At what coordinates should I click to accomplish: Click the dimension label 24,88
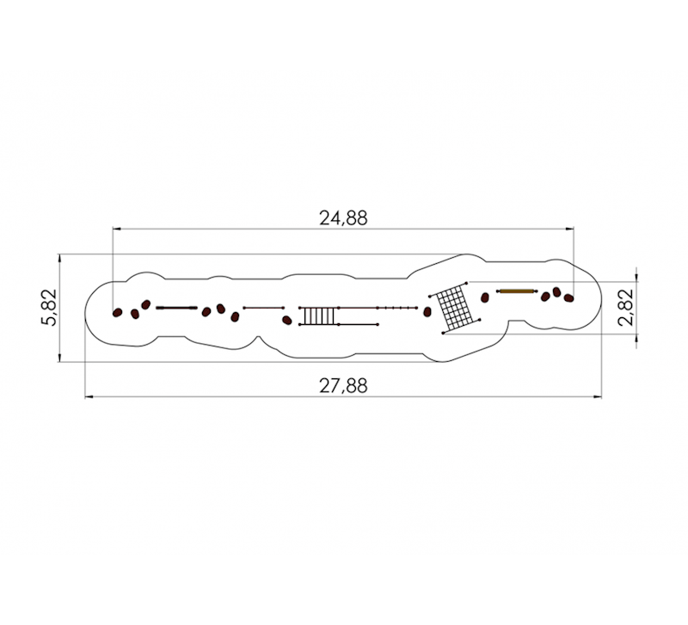pyautogui.click(x=343, y=218)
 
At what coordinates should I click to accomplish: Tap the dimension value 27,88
pyautogui.click(x=343, y=386)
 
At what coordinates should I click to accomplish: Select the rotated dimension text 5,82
pyautogui.click(x=49, y=307)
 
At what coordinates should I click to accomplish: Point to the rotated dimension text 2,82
pyautogui.click(x=626, y=307)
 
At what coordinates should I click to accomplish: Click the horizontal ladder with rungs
pyautogui.click(x=318, y=316)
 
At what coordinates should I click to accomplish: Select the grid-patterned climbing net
pyautogui.click(x=455, y=308)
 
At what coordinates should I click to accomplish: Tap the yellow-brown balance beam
pyautogui.click(x=517, y=291)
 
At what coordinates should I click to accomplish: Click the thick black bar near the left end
pyautogui.click(x=176, y=308)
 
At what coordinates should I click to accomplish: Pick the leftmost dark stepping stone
pyautogui.click(x=117, y=313)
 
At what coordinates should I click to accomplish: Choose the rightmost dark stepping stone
pyautogui.click(x=568, y=298)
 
